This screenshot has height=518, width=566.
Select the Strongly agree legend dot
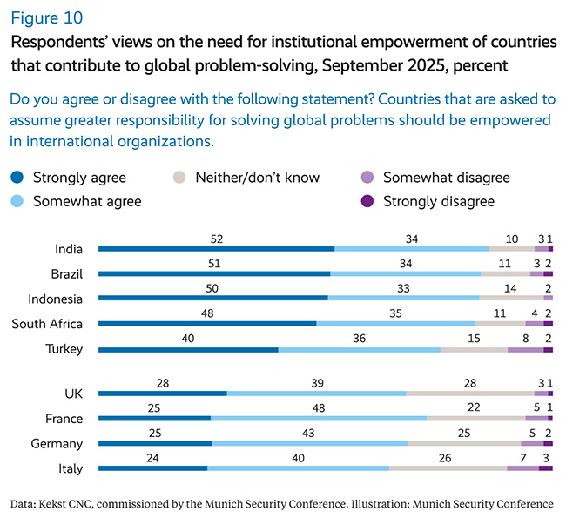pyautogui.click(x=17, y=178)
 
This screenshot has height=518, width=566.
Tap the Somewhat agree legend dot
pyautogui.click(x=17, y=201)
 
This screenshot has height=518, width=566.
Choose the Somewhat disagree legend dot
pyautogui.click(x=366, y=178)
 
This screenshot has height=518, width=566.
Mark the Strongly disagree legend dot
pyautogui.click(x=366, y=201)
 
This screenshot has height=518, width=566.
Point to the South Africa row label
pyautogui.click(x=47, y=325)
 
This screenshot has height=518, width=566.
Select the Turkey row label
pyautogui.click(x=64, y=350)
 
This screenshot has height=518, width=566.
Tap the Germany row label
pyautogui.click(x=57, y=444)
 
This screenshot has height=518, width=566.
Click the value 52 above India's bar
pyautogui.click(x=216, y=238)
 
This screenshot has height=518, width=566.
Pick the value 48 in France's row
pyautogui.click(x=319, y=407)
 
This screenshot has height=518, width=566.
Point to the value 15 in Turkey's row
pyautogui.click(x=475, y=339)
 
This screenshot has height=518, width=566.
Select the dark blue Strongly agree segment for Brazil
pyautogui.click(x=214, y=273)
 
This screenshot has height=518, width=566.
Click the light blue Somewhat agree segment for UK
pyautogui.click(x=316, y=394)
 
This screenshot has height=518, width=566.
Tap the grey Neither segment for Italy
pyautogui.click(x=448, y=468)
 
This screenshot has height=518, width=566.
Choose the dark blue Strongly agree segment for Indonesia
pyautogui.click(x=213, y=299)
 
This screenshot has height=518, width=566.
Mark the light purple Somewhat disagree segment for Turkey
pyautogui.click(x=525, y=349)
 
